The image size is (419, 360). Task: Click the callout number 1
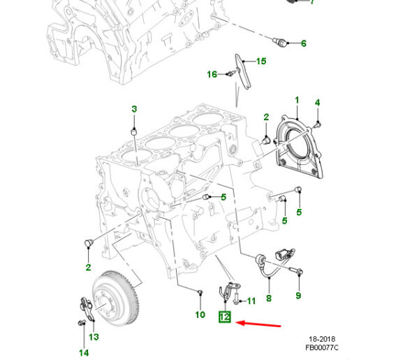point(296,101)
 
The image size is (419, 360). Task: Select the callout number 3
point(135,108)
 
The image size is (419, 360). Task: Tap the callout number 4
point(317,103)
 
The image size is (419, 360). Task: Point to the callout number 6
point(304,43)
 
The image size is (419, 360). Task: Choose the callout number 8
point(269,298)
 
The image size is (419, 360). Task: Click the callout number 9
point(298,296)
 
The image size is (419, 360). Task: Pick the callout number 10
point(200,315)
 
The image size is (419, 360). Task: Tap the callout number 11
point(251,301)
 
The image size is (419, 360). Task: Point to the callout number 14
point(84,353)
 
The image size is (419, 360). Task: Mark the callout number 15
point(260,62)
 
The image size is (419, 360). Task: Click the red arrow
point(259,324)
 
